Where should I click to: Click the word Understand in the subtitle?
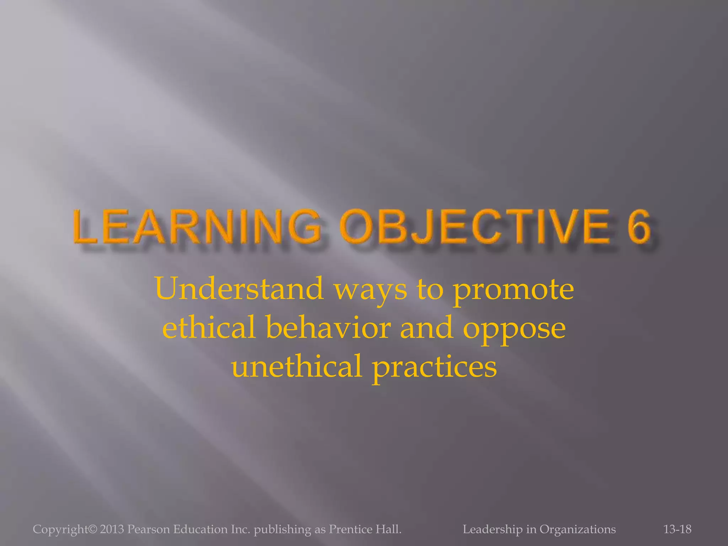tap(239, 289)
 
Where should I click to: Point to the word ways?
tap(371, 291)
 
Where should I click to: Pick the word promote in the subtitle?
tap(513, 291)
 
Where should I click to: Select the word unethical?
tap(296, 366)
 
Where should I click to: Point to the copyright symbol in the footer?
tap(92, 529)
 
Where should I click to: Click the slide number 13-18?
tap(677, 529)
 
